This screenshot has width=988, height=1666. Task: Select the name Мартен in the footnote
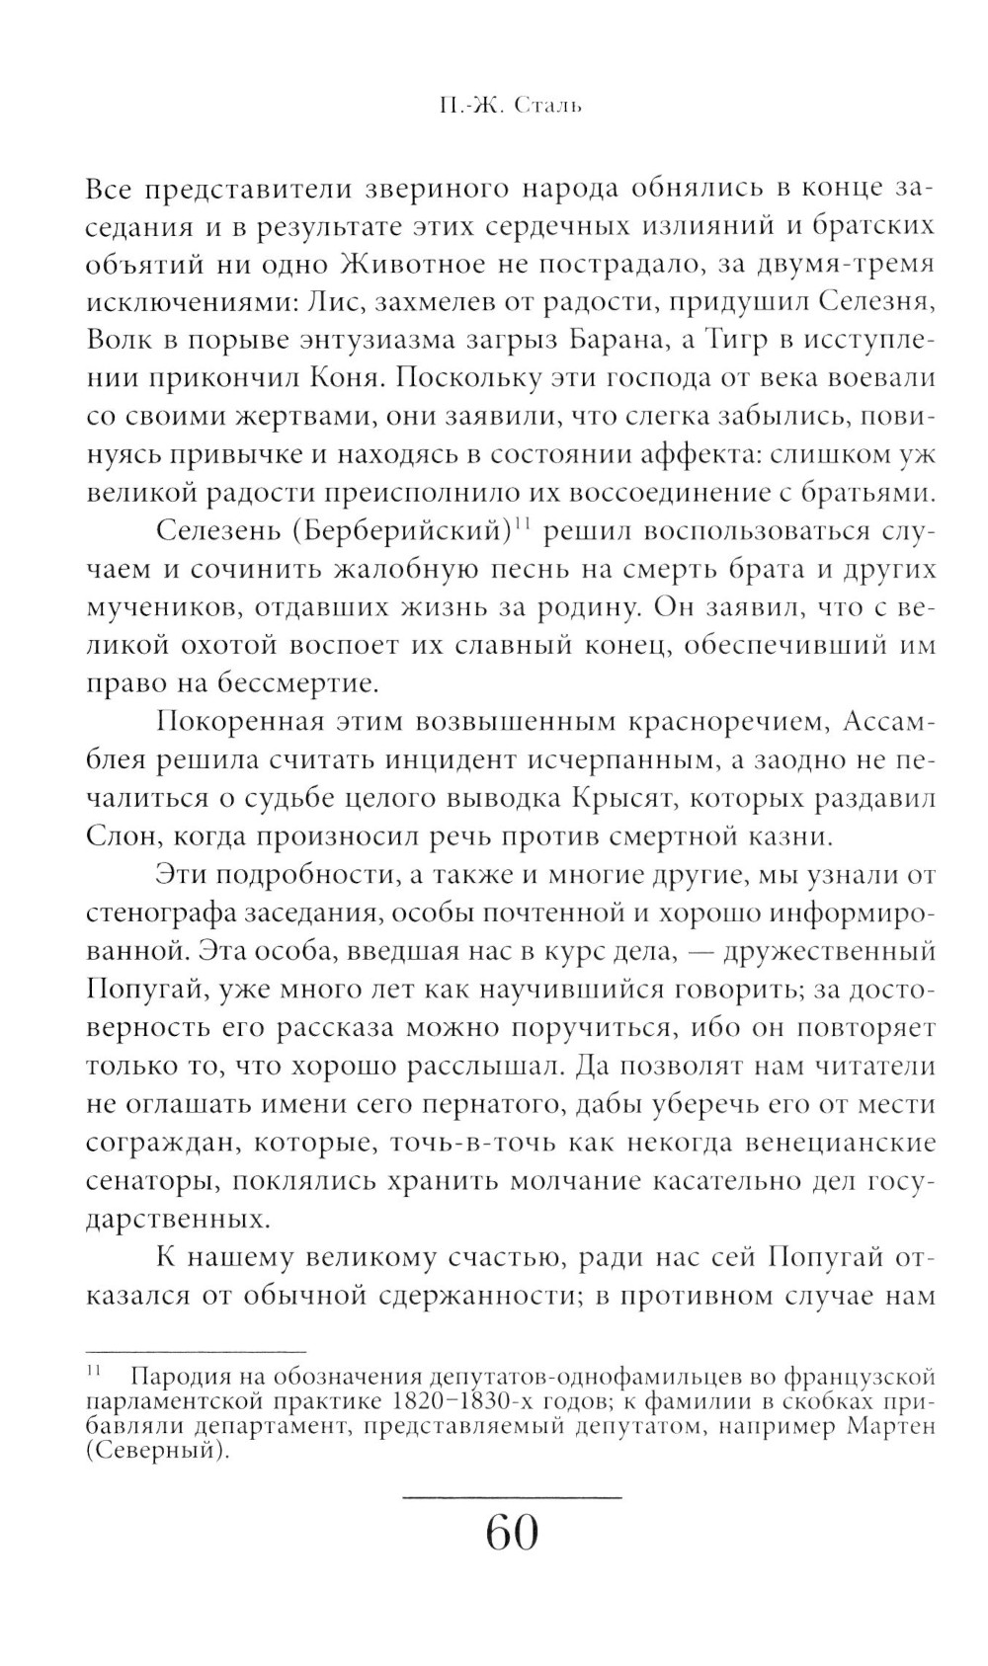(x=890, y=1427)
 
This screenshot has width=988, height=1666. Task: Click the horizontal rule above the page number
(x=512, y=1499)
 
